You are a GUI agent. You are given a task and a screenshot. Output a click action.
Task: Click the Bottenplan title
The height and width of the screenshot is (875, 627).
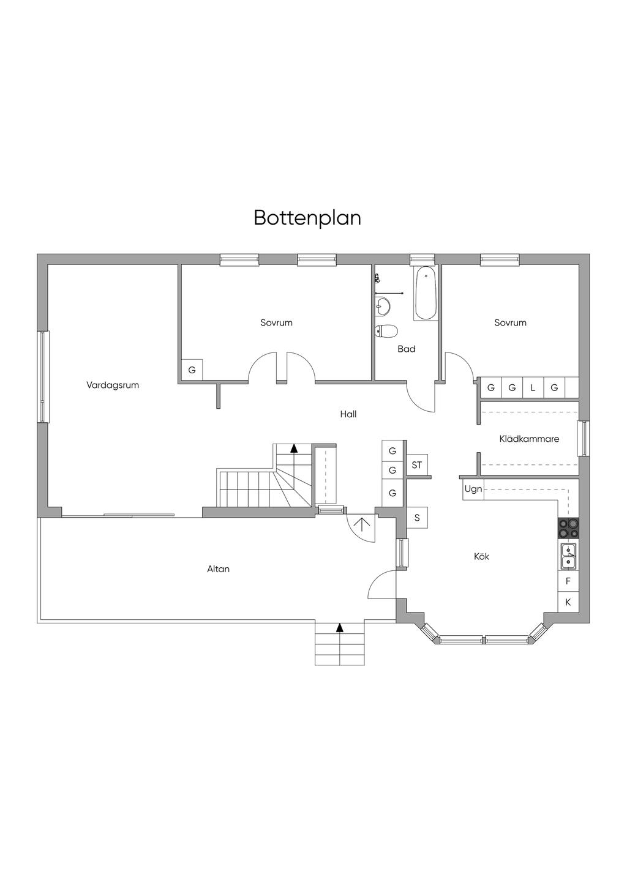pyautogui.click(x=307, y=218)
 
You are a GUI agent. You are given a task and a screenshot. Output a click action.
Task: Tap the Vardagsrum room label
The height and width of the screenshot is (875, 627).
pyautogui.click(x=113, y=385)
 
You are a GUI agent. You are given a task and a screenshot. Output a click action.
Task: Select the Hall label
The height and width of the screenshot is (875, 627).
pyautogui.click(x=348, y=414)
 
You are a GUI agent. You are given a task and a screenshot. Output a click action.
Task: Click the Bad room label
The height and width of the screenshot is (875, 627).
pyautogui.click(x=407, y=349)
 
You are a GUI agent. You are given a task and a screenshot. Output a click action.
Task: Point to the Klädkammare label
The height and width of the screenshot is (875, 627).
pyautogui.click(x=529, y=439)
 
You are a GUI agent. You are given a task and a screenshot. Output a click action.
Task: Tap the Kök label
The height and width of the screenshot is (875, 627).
pyautogui.click(x=482, y=556)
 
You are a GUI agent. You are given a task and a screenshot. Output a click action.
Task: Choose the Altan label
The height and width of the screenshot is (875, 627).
pyautogui.click(x=218, y=569)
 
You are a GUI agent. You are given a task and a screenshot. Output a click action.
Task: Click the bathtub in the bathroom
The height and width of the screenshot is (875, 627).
pyautogui.click(x=426, y=294)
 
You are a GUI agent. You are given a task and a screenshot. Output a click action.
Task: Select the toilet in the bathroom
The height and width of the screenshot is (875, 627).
pyautogui.click(x=386, y=332)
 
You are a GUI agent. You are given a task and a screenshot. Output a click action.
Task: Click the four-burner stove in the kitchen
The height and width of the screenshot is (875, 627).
pyautogui.click(x=568, y=528)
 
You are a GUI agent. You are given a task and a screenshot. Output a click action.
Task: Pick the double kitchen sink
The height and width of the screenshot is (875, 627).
pyautogui.click(x=568, y=556)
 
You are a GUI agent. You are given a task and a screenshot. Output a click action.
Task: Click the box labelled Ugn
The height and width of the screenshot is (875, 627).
pyautogui.click(x=473, y=490)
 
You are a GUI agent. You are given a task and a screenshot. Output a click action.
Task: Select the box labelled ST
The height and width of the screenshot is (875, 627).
pyautogui.click(x=417, y=465)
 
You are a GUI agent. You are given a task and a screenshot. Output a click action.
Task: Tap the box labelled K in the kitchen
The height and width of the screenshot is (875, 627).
pyautogui.click(x=568, y=602)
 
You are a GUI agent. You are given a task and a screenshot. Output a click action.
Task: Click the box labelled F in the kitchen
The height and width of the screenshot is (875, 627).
pyautogui.click(x=568, y=581)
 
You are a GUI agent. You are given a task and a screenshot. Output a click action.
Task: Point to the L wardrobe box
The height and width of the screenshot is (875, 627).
pyautogui.click(x=533, y=387)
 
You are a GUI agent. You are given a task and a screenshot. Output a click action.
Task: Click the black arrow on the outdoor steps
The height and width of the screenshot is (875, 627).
pyautogui.click(x=340, y=627)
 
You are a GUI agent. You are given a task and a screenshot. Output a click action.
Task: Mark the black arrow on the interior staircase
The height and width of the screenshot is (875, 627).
pyautogui.click(x=294, y=448)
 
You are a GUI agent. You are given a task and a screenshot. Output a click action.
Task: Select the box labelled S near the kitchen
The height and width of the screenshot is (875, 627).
pyautogui.click(x=417, y=518)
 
